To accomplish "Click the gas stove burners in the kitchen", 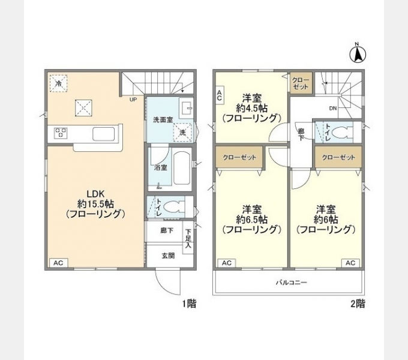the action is [61, 133].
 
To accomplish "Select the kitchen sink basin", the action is [104, 134].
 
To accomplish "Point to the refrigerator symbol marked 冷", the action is [59, 83].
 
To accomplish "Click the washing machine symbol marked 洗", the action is [182, 133].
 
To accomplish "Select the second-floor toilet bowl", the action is [343, 133].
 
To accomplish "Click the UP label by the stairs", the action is [133, 100].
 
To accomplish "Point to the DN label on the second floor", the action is [333, 108].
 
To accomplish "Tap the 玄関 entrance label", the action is [168, 256].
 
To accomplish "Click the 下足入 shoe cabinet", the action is [188, 238].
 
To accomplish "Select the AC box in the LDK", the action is [59, 263].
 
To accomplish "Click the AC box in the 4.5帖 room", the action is [220, 95].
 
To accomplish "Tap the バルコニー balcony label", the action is [292, 282].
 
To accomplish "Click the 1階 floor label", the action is [189, 303].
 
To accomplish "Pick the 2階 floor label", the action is [358, 303].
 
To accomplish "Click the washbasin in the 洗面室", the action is [186, 108].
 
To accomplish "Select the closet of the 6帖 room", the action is [338, 157].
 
